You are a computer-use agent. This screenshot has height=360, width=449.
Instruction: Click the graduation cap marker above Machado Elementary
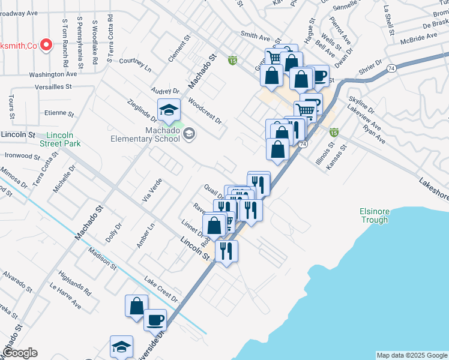169,110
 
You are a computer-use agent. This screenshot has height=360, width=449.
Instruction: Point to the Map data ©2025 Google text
412,355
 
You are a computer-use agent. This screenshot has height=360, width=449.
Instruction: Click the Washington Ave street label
53,74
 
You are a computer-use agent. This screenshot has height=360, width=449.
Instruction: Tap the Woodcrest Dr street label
205,110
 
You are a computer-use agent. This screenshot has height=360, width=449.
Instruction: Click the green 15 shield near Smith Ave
232,60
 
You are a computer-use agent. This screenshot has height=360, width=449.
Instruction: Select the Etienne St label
59,113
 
